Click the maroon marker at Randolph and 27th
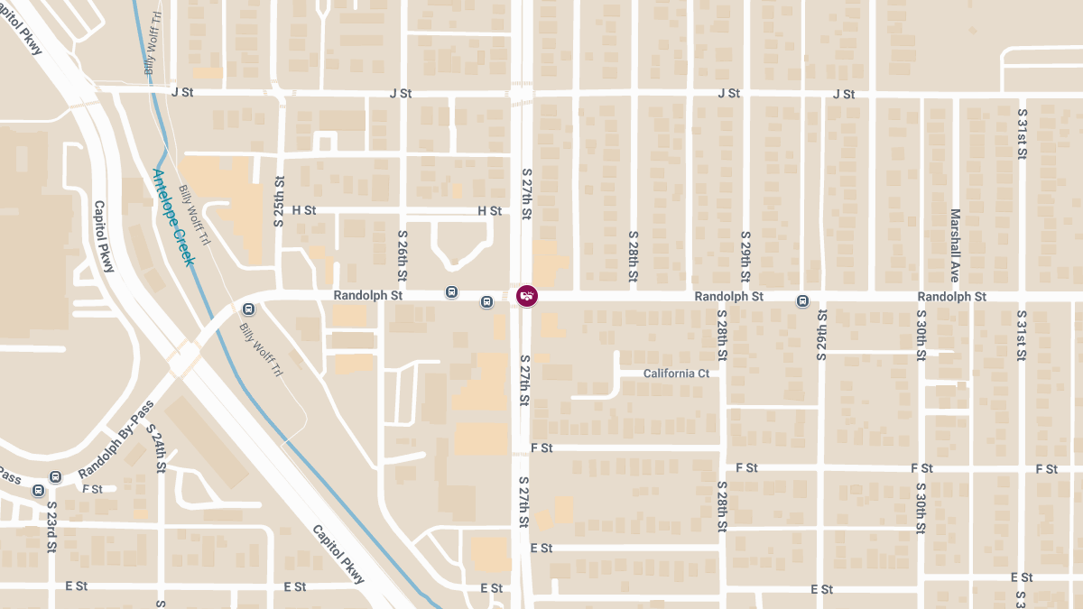(527, 296)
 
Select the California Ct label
(676, 374)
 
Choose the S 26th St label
(403, 254)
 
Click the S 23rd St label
(52, 526)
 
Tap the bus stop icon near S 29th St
(802, 300)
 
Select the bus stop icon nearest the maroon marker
(487, 301)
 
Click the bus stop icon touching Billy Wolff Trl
(250, 309)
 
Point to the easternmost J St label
(844, 94)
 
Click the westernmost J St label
(183, 93)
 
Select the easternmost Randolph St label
(951, 297)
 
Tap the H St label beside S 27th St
(489, 211)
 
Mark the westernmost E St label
(76, 586)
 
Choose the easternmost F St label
(1047, 469)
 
